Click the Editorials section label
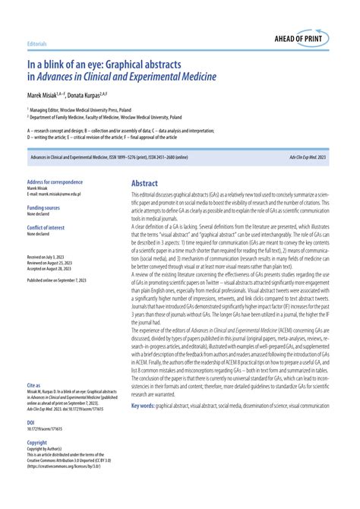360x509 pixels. click(x=39, y=45)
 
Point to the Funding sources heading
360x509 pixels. click(x=43, y=207)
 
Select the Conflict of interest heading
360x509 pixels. click(x=46, y=226)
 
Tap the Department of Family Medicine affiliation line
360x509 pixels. click(x=106, y=118)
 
